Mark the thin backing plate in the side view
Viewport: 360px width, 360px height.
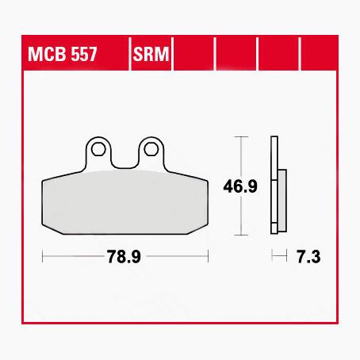point(274,186)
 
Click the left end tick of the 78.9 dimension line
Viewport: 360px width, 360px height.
point(42,256)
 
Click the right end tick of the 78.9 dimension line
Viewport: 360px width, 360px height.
point(207,256)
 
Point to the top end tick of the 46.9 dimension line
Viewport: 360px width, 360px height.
point(240,137)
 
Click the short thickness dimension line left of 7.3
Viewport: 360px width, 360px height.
point(278,256)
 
